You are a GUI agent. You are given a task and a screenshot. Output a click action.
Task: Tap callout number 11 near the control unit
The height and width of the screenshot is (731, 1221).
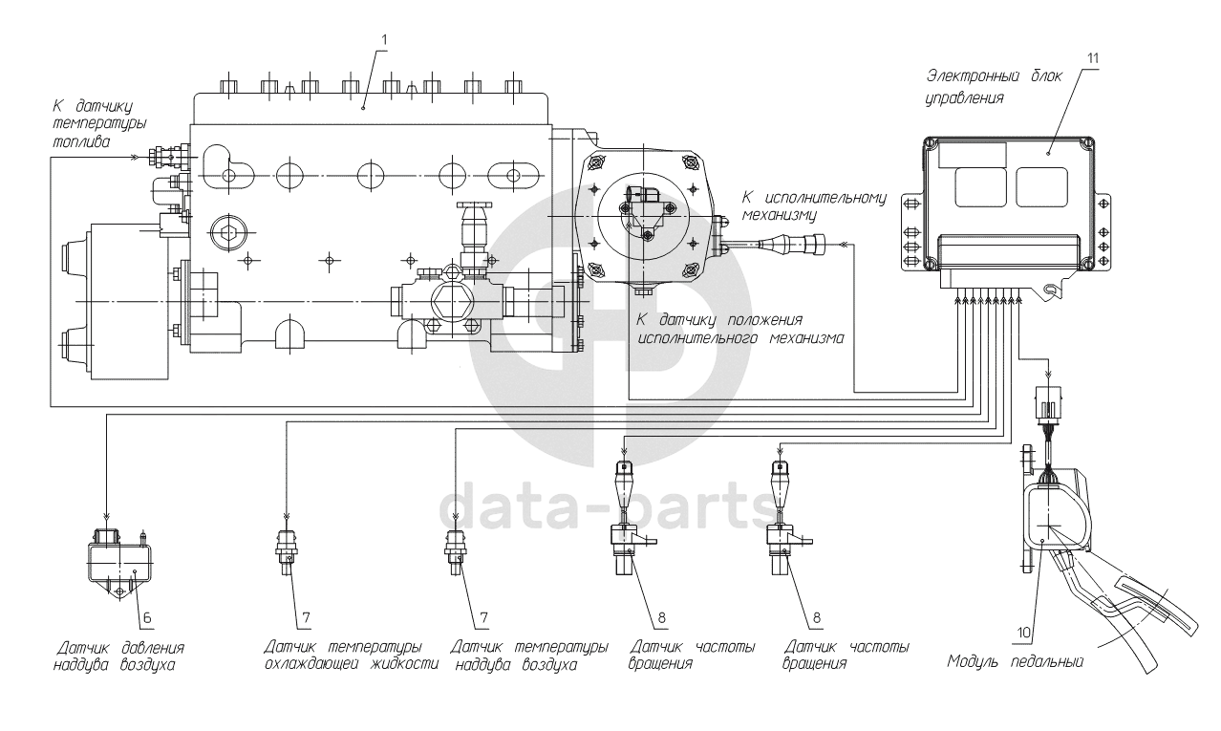[x=1092, y=58]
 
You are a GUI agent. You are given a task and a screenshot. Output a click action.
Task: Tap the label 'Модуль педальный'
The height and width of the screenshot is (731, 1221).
[x=1015, y=660]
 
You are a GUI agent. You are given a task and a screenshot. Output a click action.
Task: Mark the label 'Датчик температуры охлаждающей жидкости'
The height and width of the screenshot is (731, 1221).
[x=352, y=656]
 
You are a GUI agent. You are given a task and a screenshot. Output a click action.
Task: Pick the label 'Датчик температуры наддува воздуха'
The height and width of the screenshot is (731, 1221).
[x=528, y=656]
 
